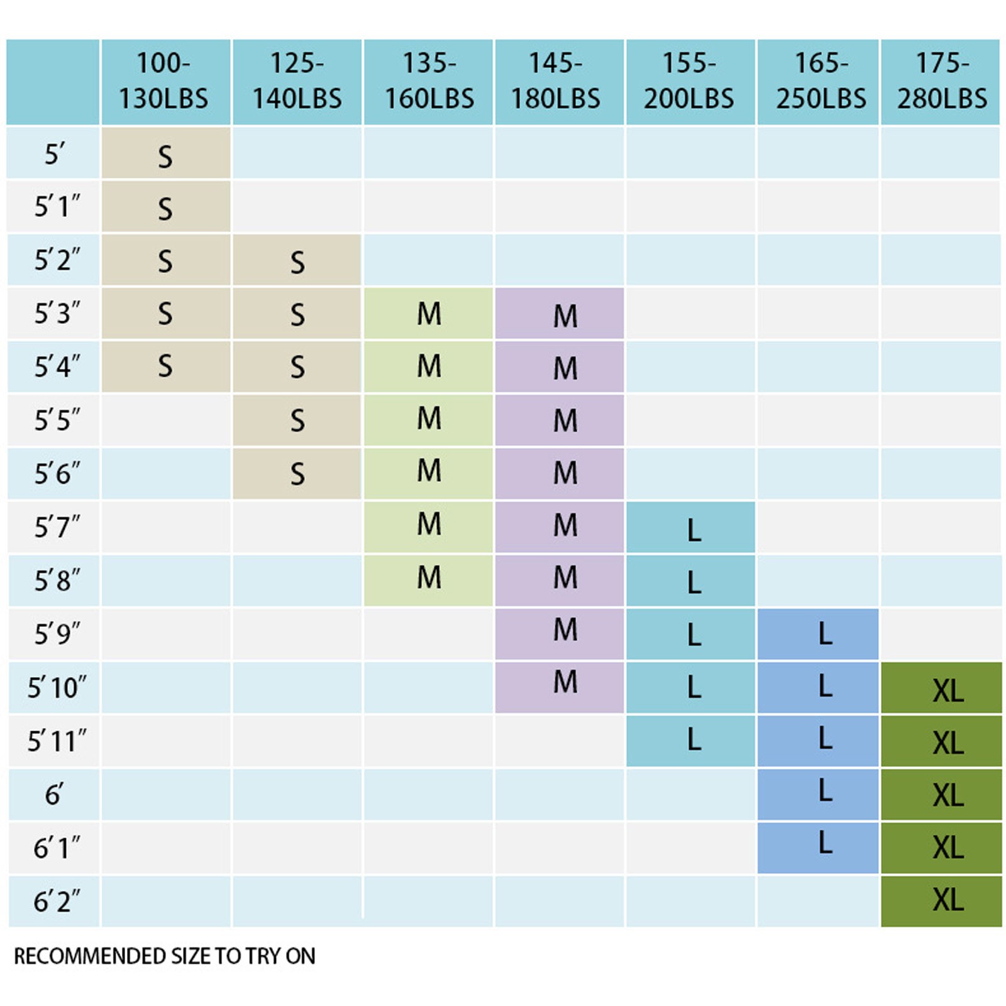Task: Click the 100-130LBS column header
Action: click(165, 82)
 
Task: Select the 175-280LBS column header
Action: click(941, 82)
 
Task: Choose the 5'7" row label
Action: click(57, 527)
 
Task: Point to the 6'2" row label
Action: click(57, 901)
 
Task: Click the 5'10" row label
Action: click(57, 687)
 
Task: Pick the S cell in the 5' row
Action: click(165, 155)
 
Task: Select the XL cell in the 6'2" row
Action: click(941, 900)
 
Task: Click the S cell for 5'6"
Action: click(297, 473)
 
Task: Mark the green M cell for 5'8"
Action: click(428, 579)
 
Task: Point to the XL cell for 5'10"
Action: click(941, 688)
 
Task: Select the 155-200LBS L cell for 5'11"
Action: click(690, 741)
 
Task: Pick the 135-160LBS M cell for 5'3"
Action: click(428, 314)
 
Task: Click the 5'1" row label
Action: click(57, 206)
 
